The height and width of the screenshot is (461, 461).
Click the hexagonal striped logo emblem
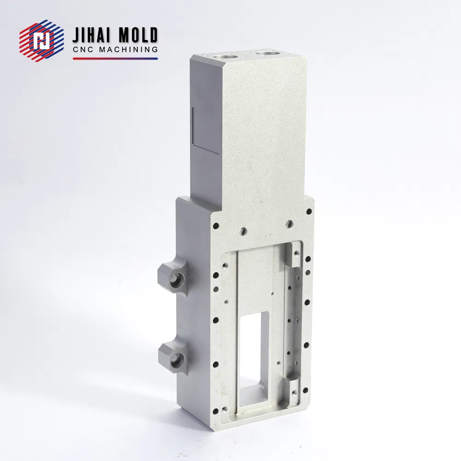(42, 40)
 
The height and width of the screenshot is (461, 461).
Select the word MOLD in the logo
(137, 35)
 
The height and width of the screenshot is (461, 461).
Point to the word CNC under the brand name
(83, 49)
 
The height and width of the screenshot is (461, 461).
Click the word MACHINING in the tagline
(129, 49)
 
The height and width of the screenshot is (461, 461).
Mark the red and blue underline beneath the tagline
(115, 59)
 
